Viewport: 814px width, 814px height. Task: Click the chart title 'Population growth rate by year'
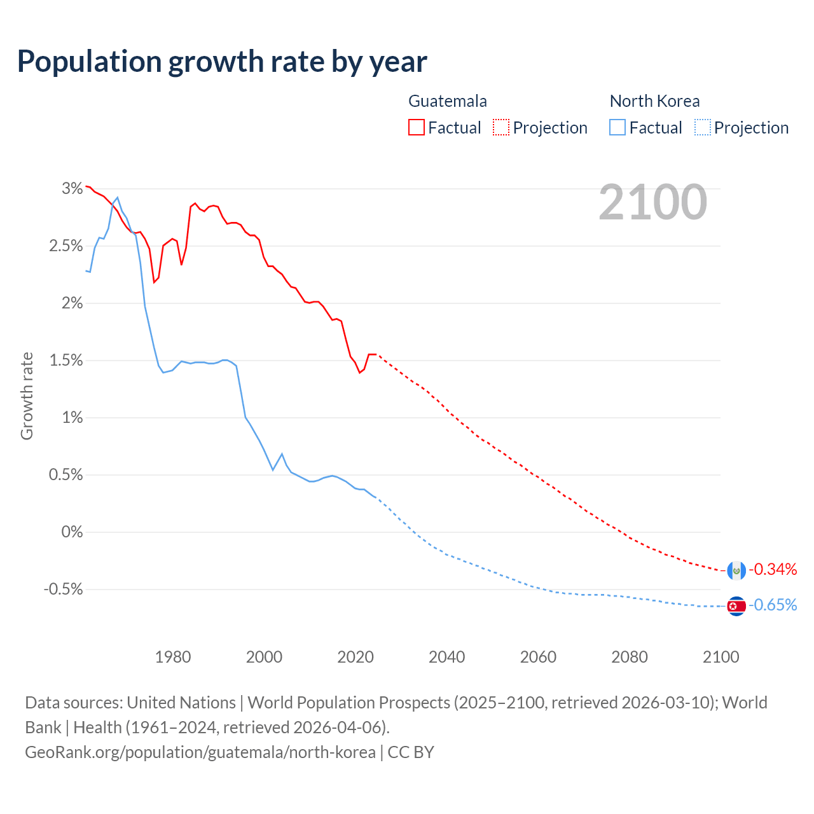[222, 62]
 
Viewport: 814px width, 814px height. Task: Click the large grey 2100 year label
[652, 202]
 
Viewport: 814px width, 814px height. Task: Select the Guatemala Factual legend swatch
[417, 128]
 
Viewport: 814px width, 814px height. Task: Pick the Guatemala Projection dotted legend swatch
[501, 128]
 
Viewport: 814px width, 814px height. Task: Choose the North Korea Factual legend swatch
[617, 128]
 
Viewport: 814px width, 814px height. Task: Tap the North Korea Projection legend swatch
[703, 128]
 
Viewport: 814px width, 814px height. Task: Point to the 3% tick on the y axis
[72, 188]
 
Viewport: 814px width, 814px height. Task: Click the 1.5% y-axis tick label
[66, 361]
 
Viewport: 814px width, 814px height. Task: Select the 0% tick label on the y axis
[72, 532]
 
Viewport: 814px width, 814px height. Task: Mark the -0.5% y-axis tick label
[63, 590]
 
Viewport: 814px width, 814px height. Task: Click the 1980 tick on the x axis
[173, 657]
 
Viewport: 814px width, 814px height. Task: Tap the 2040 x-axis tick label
[447, 657]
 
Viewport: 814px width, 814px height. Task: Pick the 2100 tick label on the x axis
[721, 657]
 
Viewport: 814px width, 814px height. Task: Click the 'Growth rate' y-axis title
[27, 396]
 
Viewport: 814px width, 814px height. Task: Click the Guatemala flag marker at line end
[736, 570]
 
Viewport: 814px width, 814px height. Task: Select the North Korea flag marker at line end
[736, 607]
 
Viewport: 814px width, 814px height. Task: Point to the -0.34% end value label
[773, 569]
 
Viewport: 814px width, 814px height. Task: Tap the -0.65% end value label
[773, 605]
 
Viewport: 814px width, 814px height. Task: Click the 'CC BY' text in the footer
[411, 752]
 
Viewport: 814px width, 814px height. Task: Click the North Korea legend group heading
[654, 101]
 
